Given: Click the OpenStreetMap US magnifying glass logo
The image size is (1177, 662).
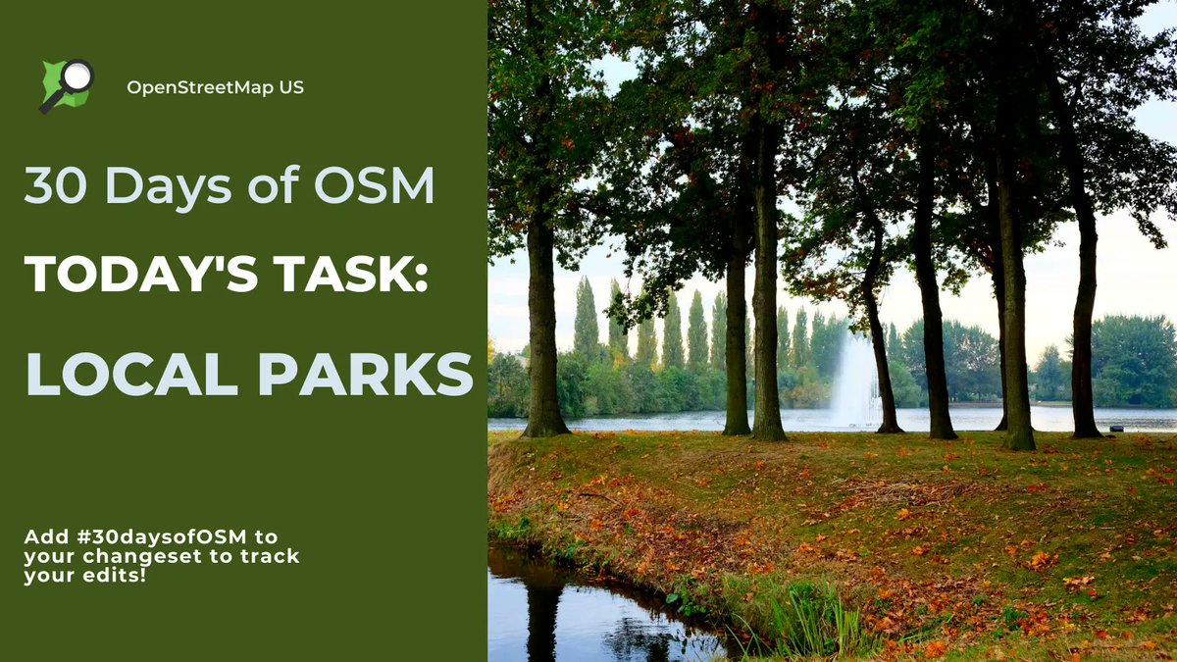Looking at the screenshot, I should [67, 84].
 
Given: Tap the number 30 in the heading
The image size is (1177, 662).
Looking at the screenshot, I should [55, 185].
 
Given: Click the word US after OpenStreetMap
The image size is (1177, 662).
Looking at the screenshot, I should [291, 87].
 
